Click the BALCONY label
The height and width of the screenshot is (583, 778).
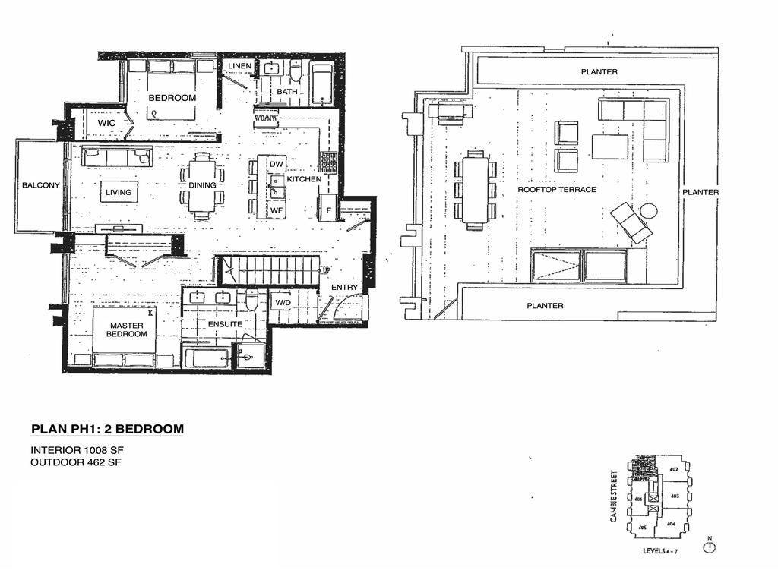(x=40, y=185)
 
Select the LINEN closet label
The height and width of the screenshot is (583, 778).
(x=239, y=67)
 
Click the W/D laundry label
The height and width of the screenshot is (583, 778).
(x=283, y=302)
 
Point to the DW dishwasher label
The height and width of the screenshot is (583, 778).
(x=276, y=165)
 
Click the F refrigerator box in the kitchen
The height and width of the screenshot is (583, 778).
(x=327, y=209)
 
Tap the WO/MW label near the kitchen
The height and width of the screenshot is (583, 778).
(x=266, y=118)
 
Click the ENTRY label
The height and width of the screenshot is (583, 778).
(x=344, y=288)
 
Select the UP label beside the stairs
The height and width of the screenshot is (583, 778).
(x=327, y=270)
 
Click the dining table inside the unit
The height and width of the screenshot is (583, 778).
(x=202, y=185)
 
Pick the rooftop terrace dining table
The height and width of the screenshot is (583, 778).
(x=475, y=190)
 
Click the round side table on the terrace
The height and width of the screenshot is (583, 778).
(x=648, y=210)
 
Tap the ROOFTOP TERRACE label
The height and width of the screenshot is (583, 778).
(x=557, y=189)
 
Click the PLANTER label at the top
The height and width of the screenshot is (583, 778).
(x=599, y=72)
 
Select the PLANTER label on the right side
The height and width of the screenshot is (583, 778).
(x=700, y=192)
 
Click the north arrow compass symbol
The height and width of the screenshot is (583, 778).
(x=710, y=546)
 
